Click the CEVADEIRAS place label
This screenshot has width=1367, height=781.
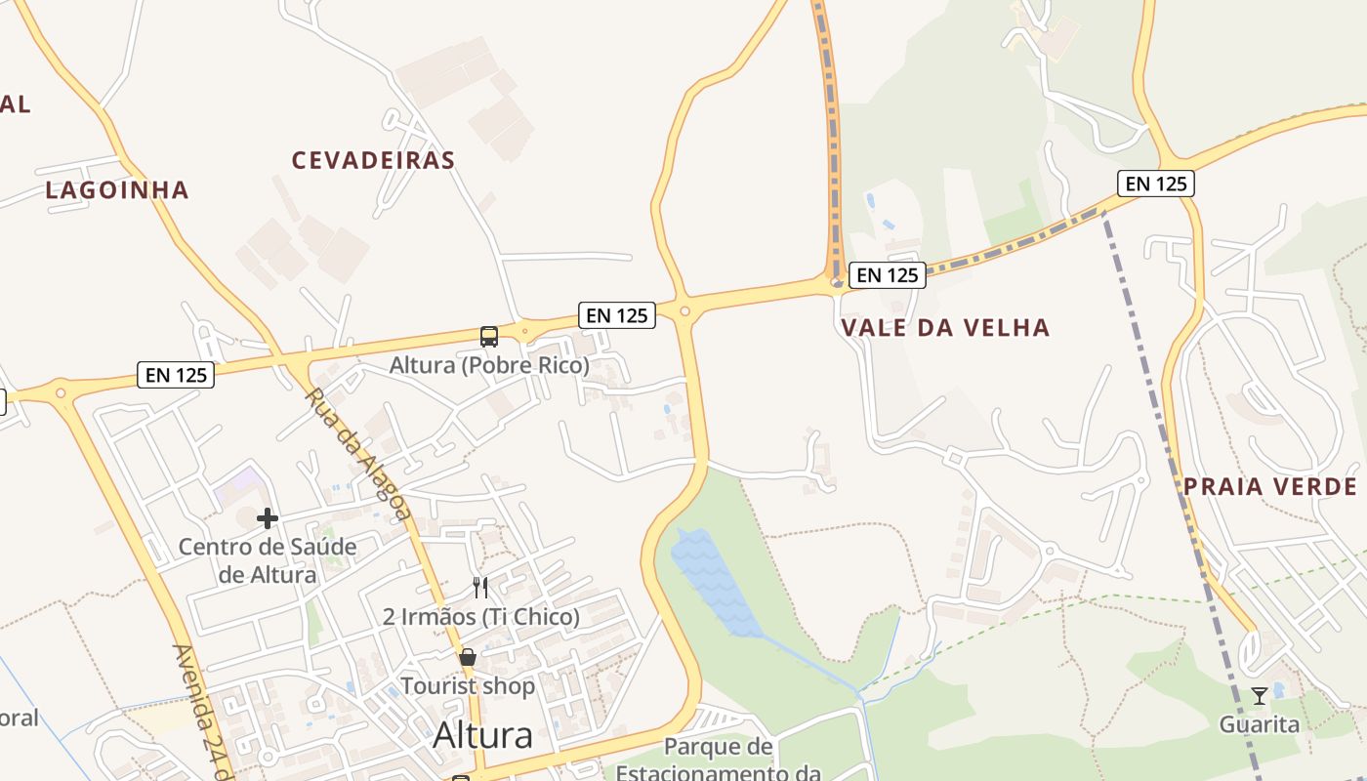tap(373, 160)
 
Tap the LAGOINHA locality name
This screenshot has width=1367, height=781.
tap(117, 190)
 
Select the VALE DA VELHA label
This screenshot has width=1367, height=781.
tap(945, 328)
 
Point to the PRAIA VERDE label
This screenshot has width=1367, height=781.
tap(1270, 487)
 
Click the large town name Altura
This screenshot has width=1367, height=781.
tap(482, 735)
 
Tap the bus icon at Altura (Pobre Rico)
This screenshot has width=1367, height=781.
tap(489, 337)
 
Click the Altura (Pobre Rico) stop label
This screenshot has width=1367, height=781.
tap(489, 366)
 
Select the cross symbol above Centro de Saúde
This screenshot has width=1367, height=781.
tap(268, 518)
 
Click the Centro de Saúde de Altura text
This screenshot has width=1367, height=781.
tap(267, 560)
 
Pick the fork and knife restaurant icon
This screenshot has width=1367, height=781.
tap(480, 587)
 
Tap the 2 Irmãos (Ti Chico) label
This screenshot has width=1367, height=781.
tap(481, 617)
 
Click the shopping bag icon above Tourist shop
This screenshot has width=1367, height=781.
tap(468, 657)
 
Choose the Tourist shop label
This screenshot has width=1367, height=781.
tap(468, 686)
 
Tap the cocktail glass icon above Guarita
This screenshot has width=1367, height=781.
tap(1260, 696)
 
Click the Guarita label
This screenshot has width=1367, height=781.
tap(1260, 724)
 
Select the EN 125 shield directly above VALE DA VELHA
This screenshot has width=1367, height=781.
tap(887, 275)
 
